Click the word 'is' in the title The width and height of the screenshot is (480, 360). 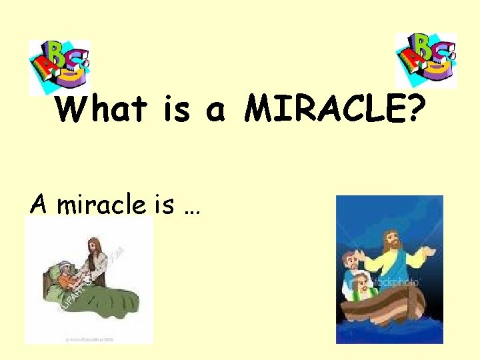point(177,109)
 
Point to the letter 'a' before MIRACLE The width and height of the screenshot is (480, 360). point(215,111)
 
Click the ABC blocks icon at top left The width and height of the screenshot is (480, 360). point(59,65)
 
